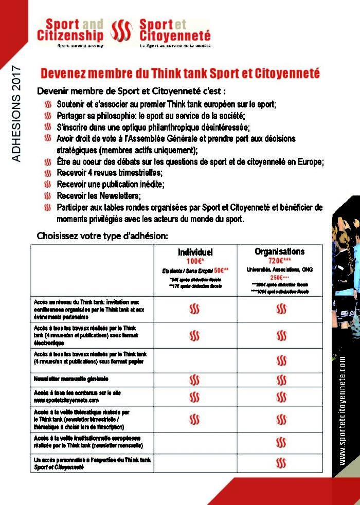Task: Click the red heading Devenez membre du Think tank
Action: (180, 73)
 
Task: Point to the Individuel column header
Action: (195, 252)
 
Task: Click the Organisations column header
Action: (279, 251)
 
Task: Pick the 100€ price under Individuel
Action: (195, 261)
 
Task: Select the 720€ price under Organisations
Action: (279, 261)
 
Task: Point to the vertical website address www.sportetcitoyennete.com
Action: (343, 411)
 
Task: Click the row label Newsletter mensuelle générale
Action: (71, 379)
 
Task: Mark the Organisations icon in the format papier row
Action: (281, 360)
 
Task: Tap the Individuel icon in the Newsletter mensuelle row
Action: (194, 380)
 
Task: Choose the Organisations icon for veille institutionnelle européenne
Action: (281, 442)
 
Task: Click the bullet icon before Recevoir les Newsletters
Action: (48, 195)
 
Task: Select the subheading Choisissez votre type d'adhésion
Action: (102, 236)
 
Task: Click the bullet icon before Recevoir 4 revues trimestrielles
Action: (48, 173)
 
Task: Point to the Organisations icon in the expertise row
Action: (281, 462)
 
